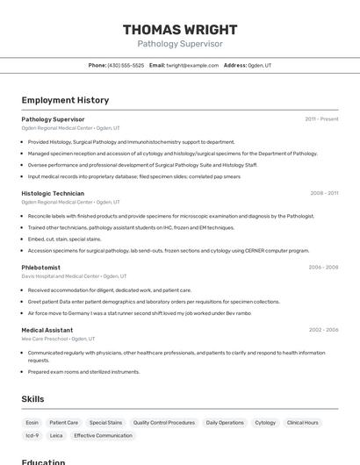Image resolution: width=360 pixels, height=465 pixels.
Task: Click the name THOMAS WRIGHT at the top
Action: [x=180, y=29]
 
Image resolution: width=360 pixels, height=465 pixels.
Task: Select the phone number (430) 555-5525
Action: [x=126, y=65]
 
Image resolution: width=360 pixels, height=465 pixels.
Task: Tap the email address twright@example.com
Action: [x=193, y=65]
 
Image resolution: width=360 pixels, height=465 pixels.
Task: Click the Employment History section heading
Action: [x=65, y=100]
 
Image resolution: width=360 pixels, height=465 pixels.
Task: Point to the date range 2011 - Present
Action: [x=321, y=119]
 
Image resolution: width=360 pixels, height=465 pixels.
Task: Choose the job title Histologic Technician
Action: [x=53, y=193]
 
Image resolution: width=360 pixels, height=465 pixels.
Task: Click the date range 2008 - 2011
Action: [x=324, y=193]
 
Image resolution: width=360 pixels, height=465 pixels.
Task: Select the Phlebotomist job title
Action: [x=41, y=267]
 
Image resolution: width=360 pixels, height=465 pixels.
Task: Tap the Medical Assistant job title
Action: [x=47, y=330]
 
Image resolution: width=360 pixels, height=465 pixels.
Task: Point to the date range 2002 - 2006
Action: [x=323, y=330]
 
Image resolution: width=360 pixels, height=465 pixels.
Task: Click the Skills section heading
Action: [x=32, y=399]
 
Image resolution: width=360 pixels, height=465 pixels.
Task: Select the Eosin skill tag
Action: [x=32, y=422]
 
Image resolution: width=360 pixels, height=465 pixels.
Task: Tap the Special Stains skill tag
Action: [x=105, y=422]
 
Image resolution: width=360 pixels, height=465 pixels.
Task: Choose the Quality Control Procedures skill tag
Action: [x=164, y=422]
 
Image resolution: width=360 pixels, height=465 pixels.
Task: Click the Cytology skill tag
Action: [x=265, y=422]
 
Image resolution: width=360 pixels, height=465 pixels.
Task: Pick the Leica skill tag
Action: [x=56, y=435]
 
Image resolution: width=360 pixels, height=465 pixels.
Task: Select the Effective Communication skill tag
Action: [x=103, y=435]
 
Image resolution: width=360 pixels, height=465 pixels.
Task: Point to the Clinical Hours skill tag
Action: [x=303, y=422]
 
